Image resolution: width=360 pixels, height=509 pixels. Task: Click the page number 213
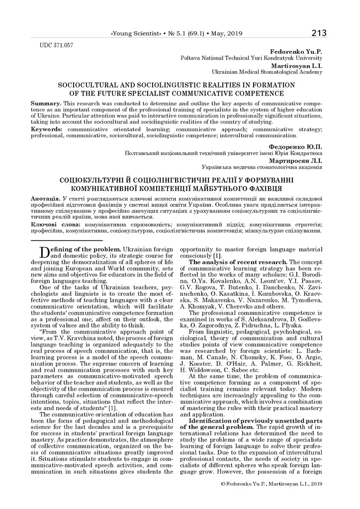click(319, 33)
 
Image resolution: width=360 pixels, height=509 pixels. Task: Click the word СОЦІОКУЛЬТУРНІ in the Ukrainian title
click(95, 180)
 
